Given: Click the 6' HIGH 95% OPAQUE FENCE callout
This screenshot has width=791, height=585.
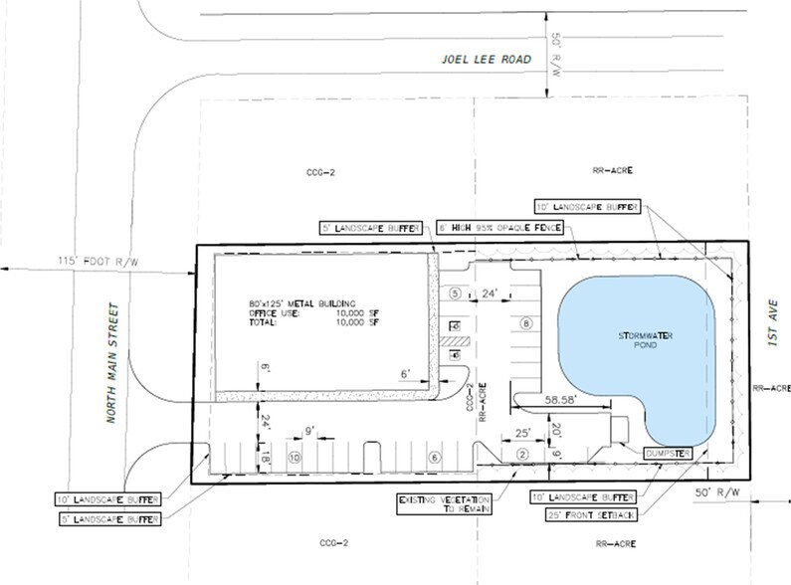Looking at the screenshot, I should point(500,228).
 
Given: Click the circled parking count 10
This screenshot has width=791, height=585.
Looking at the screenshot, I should point(294,457).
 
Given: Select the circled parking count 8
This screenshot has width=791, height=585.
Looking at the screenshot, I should point(525,323).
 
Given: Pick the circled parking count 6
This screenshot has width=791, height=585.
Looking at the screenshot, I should point(433,457).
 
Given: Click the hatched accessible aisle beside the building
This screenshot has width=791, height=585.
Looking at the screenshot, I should point(455,342).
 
